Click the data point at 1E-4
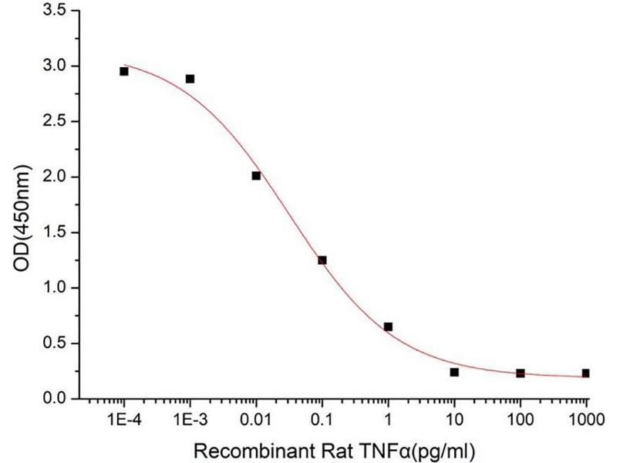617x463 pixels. click(124, 71)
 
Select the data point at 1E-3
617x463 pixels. click(190, 79)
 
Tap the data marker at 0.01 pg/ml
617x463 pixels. click(256, 176)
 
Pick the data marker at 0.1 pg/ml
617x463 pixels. click(322, 260)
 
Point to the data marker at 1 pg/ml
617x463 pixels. click(388, 326)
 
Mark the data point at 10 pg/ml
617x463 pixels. click(454, 372)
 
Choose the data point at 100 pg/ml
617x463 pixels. click(521, 373)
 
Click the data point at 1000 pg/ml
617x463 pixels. click(586, 373)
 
